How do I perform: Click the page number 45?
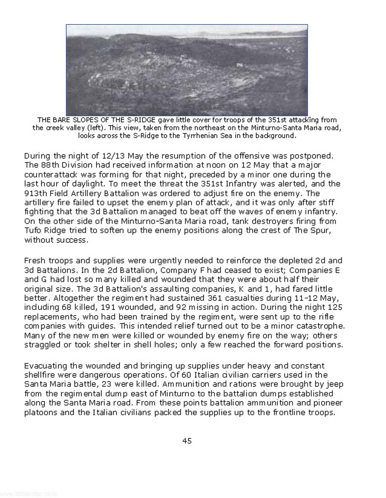pos(187,441)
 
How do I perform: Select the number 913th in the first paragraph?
pos(34,193)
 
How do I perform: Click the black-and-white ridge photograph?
pos(187,70)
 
